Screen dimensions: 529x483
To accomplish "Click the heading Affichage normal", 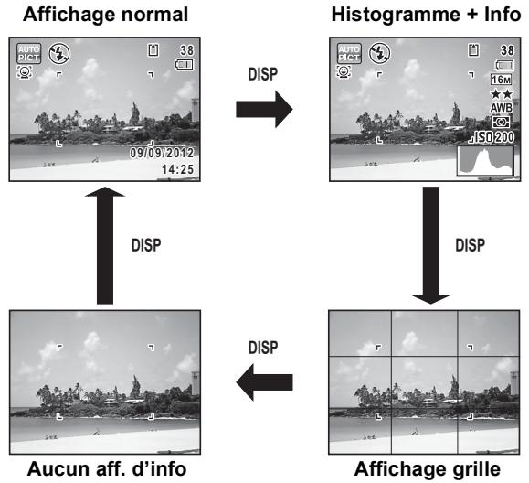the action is tap(105, 15).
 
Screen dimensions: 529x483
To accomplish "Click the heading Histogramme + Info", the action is tap(426, 15).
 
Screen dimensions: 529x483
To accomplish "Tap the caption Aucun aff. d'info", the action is tap(107, 468).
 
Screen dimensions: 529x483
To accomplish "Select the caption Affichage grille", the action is tap(427, 469).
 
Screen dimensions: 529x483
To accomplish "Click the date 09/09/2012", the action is tap(162, 153).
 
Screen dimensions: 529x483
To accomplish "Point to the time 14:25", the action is tap(178, 169).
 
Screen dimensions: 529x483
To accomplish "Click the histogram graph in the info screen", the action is tap(485, 161).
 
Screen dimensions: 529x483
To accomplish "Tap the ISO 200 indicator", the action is tap(494, 137).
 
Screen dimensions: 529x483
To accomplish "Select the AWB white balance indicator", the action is tap(502, 108).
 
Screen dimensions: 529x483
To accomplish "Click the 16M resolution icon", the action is tap(501, 80).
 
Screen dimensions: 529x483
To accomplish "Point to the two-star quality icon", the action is tap(502, 94).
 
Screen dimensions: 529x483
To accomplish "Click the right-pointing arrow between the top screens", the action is tap(264, 109).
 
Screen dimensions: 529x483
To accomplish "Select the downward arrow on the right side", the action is tap(431, 245).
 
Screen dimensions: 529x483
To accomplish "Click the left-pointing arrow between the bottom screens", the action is tap(264, 382).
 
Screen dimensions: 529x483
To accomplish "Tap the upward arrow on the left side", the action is tap(105, 245).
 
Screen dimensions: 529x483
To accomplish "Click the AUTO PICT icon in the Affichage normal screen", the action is tap(29, 53).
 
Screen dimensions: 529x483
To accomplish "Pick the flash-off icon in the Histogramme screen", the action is tap(379, 53).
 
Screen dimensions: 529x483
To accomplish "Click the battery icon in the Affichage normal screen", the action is tap(184, 65).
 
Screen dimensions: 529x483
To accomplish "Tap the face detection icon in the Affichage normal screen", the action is tap(25, 72).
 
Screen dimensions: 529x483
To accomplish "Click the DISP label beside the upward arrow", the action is tap(146, 245).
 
